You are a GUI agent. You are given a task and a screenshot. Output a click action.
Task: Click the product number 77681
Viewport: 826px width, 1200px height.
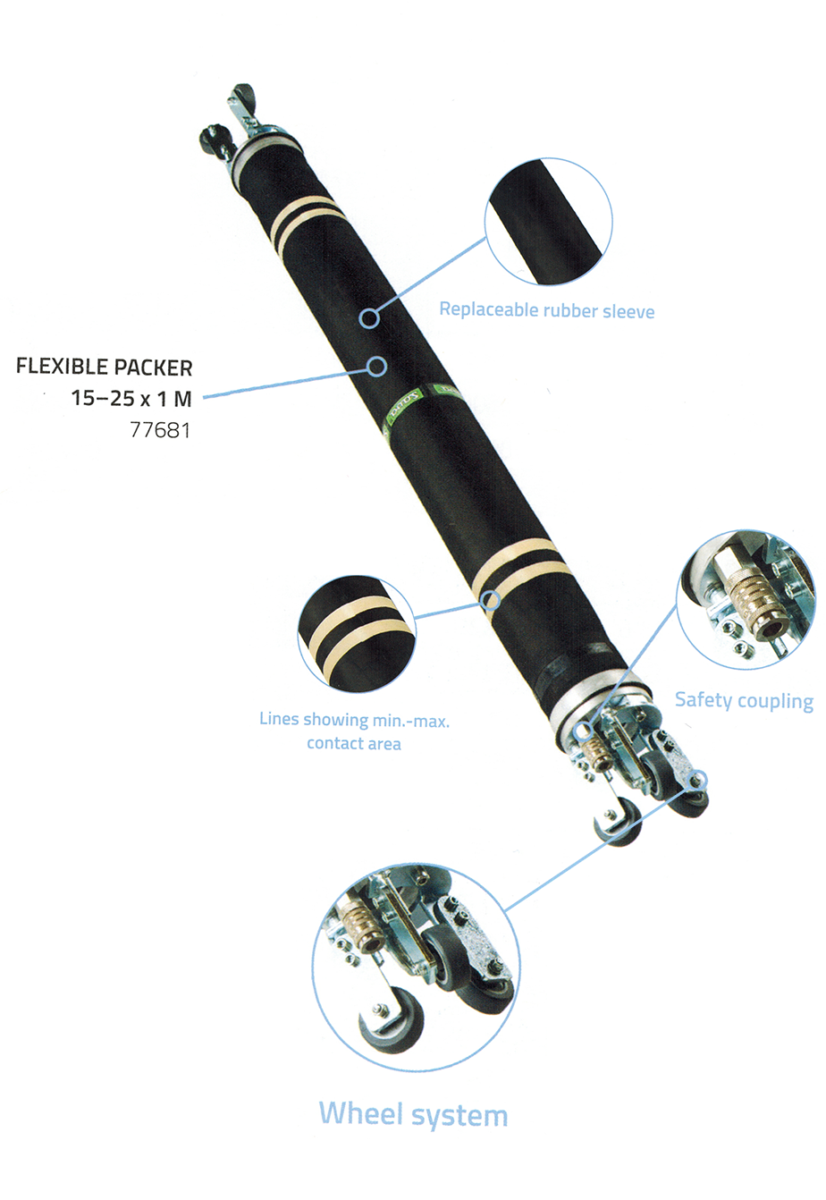[x=160, y=430]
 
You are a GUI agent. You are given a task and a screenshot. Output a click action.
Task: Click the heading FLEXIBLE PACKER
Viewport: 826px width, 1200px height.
[x=105, y=368]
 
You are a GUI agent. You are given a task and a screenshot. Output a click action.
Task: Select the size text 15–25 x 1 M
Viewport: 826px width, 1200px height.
[x=131, y=398]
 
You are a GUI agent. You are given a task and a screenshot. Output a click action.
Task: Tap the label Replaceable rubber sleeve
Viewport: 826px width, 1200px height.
[x=546, y=311]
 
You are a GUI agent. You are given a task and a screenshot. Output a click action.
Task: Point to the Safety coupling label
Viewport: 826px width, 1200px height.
[x=744, y=700]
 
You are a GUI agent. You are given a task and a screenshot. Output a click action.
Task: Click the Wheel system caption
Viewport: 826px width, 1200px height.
[x=413, y=1114]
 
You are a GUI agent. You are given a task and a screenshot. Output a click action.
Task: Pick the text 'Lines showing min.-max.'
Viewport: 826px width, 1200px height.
[x=354, y=720]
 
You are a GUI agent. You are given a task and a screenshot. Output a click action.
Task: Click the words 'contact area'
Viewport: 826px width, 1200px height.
[x=354, y=743]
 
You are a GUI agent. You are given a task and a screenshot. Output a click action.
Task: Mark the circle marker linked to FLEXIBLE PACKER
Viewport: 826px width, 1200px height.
[x=377, y=365]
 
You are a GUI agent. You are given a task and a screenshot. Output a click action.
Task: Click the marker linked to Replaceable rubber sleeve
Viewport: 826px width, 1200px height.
[x=370, y=317]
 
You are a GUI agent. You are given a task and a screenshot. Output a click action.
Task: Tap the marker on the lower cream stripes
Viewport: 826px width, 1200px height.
[x=490, y=599]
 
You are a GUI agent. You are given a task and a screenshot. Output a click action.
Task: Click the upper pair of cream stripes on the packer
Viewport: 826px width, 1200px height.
[x=304, y=223]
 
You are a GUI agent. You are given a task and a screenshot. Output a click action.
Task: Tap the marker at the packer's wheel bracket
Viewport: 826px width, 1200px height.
[x=697, y=780]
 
